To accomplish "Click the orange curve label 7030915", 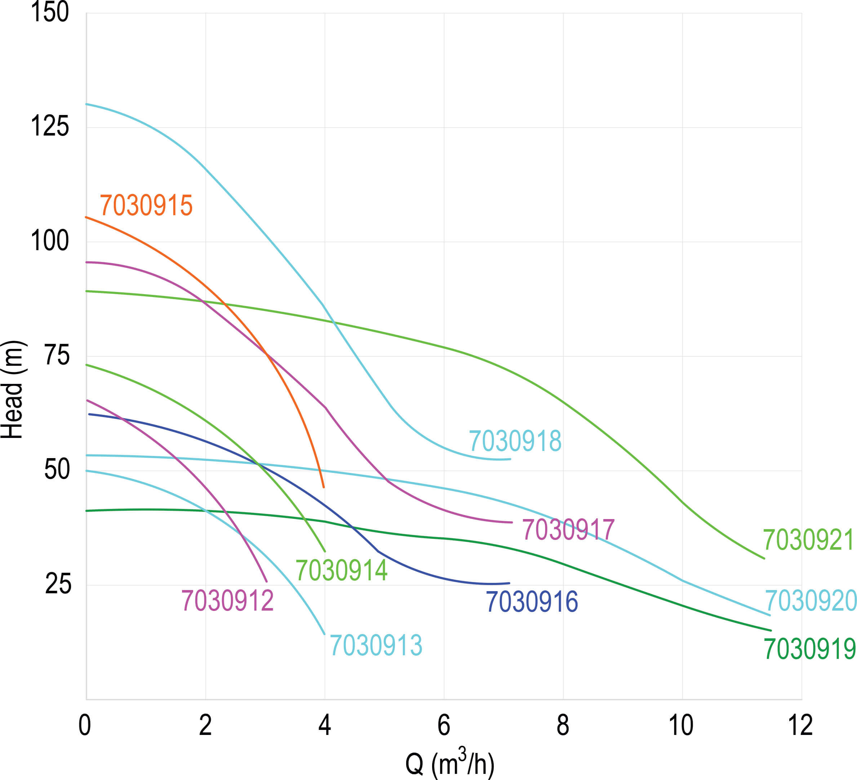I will pyautogui.click(x=146, y=205).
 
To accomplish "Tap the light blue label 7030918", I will pyautogui.click(x=515, y=441).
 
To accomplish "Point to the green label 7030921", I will pyautogui.click(x=808, y=540).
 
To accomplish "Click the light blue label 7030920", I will pyautogui.click(x=811, y=600).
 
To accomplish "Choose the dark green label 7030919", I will pyautogui.click(x=809, y=650).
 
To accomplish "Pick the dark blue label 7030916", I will pyautogui.click(x=532, y=602).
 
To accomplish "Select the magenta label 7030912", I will pyautogui.click(x=227, y=600).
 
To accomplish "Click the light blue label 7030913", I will pyautogui.click(x=376, y=645).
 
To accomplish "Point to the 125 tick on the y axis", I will pyautogui.click(x=50, y=126).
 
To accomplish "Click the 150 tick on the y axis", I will pyautogui.click(x=50, y=12).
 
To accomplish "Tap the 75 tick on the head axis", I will pyautogui.click(x=57, y=355).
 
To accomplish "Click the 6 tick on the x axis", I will pyautogui.click(x=444, y=725).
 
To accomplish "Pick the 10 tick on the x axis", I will pyautogui.click(x=681, y=725).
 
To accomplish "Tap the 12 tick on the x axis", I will pyautogui.click(x=800, y=725).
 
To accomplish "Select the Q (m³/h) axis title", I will pyautogui.click(x=450, y=763).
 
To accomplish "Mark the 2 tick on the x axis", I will pyautogui.click(x=205, y=725).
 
